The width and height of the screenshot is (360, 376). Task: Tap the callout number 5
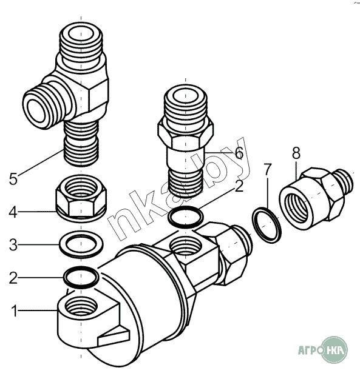point(13,179)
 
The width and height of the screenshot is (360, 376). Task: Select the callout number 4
point(13,212)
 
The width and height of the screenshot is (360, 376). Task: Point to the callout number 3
point(13,245)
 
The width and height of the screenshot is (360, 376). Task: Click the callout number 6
point(239,153)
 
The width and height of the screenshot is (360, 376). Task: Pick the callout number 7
point(267,169)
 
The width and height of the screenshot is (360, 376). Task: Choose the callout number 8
point(296,153)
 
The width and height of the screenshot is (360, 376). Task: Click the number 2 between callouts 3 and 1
point(13,278)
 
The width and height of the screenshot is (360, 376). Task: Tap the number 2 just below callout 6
point(239,186)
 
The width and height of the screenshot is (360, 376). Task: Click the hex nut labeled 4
point(81,198)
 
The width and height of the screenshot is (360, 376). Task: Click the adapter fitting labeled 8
point(316,199)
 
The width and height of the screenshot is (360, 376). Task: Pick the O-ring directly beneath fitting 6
point(186,207)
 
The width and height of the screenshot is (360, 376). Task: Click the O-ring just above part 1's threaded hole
point(81,268)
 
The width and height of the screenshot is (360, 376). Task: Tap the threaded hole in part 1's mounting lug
point(81,306)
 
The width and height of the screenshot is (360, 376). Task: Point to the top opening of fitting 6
point(186,96)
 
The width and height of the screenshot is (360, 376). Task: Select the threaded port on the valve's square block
point(185,246)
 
